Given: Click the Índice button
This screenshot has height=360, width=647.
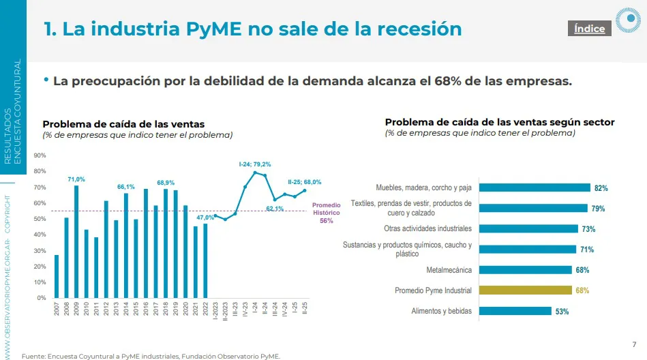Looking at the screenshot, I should tap(589, 29).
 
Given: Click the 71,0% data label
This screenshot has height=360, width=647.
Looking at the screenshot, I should tap(76, 179).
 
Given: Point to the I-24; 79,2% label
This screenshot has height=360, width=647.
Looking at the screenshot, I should tap(255, 164).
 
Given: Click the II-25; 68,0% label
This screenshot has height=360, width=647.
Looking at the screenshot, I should tap(305, 182).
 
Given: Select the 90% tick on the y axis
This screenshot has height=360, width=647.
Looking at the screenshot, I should tap(40, 156).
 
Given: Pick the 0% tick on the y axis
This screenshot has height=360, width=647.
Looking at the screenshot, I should tap(42, 297).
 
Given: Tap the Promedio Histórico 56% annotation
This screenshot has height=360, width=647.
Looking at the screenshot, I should tap(326, 213).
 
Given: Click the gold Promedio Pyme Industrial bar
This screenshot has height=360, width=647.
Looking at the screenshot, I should tap(526, 290).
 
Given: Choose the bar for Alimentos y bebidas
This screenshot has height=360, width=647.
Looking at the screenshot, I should tap(515, 311).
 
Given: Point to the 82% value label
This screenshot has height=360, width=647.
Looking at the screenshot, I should tap(601, 188).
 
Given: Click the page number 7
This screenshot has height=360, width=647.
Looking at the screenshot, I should tap(635, 344).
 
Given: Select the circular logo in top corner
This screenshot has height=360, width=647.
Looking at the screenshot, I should tap(628, 21).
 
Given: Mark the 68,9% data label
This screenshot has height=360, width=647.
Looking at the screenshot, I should tap(166, 183).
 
